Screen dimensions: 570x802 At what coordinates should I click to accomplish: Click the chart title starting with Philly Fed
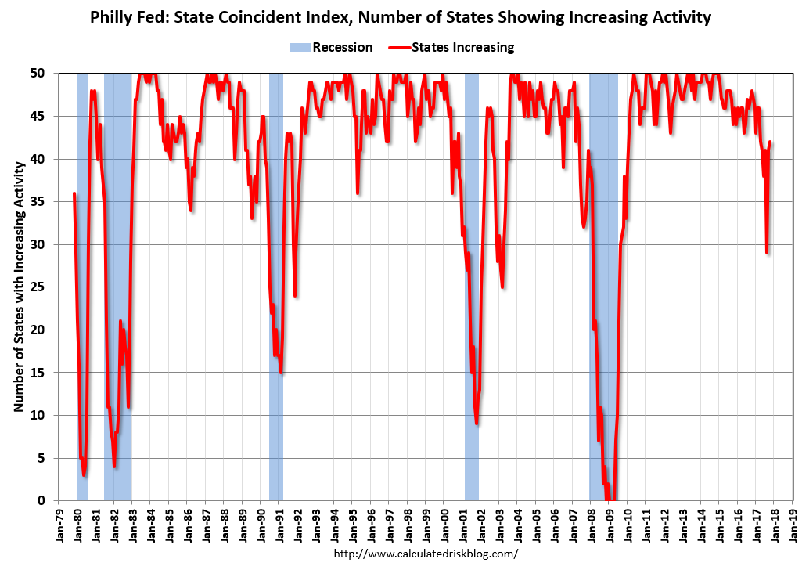401,17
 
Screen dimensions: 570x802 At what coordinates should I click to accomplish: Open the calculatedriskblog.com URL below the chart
426,554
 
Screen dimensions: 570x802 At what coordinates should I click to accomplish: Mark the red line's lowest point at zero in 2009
612,500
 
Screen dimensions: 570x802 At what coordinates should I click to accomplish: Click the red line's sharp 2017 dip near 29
767,253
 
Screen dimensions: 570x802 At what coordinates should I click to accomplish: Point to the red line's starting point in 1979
74,193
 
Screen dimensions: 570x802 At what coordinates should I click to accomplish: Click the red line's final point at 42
771,142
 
